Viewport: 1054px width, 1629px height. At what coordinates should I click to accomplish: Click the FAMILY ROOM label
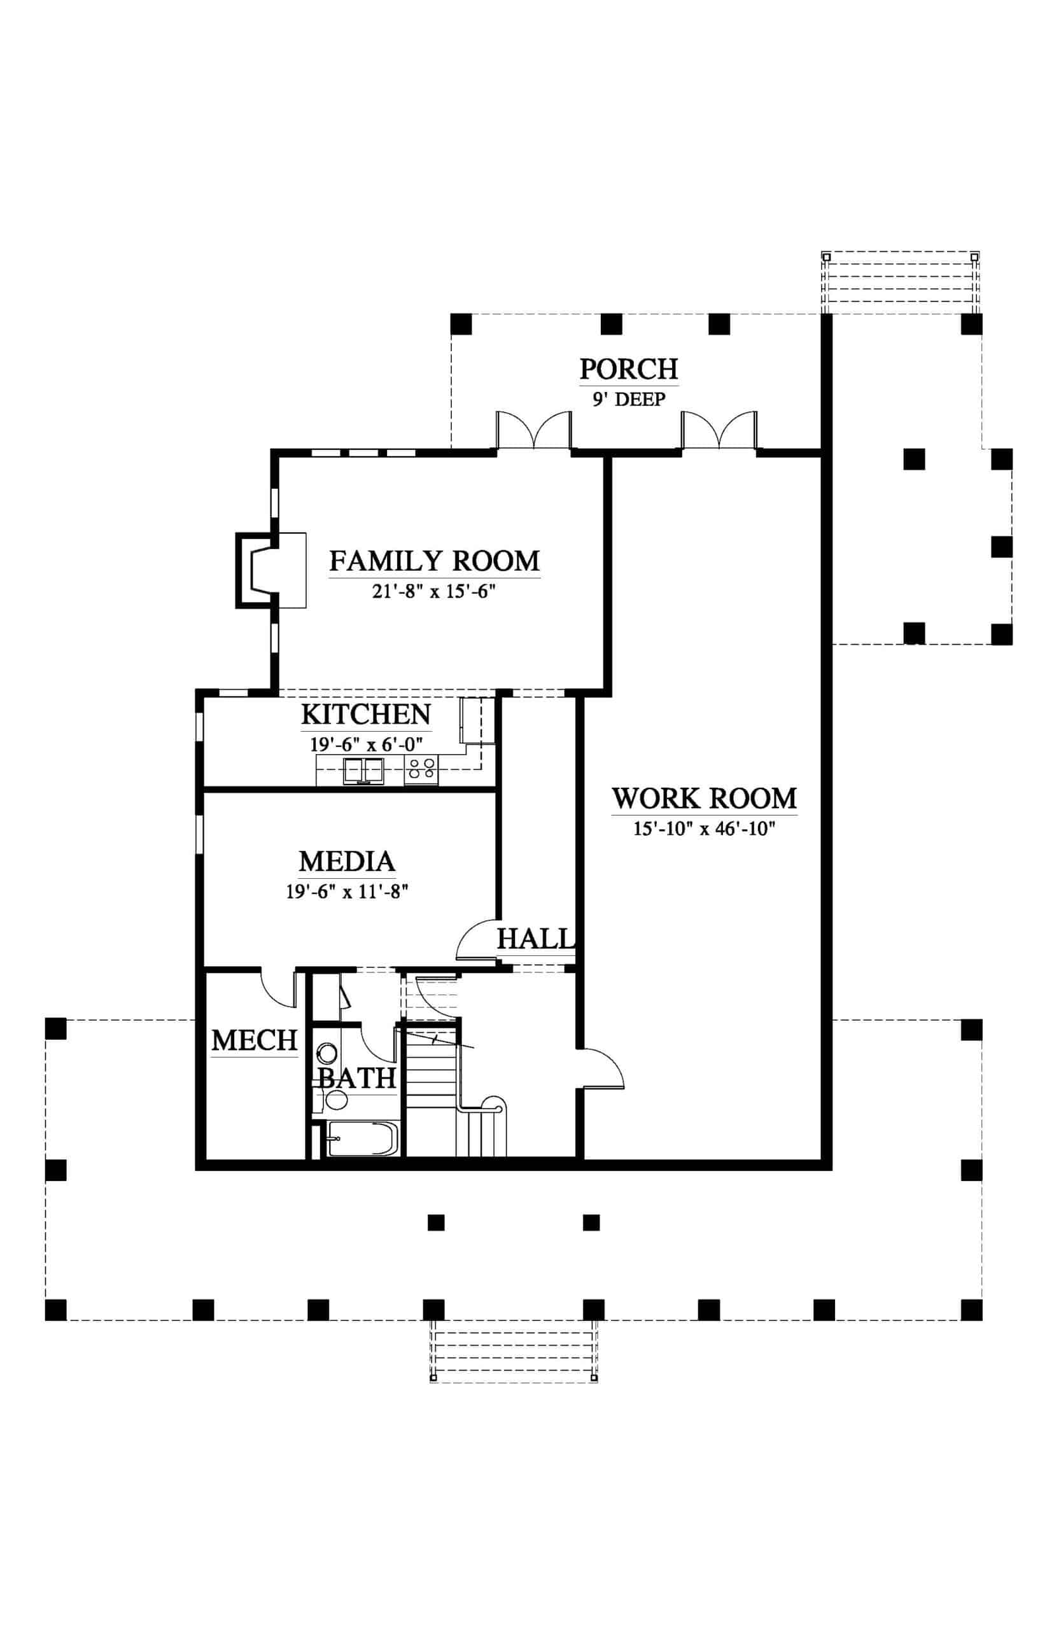pyautogui.click(x=435, y=561)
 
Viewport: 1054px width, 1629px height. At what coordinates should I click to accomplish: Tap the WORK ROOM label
pyautogui.click(x=705, y=799)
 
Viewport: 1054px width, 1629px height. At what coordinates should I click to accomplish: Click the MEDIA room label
pyautogui.click(x=347, y=862)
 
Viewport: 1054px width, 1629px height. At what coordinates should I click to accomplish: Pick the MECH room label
pyautogui.click(x=254, y=1040)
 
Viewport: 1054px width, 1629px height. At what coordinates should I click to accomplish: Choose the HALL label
pyautogui.click(x=535, y=939)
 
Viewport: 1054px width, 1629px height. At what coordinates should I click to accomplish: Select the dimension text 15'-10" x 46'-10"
pyautogui.click(x=705, y=828)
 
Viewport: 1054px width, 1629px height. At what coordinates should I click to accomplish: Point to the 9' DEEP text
pyautogui.click(x=629, y=400)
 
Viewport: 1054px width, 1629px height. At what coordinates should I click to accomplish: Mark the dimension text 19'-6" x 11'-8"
pyautogui.click(x=347, y=891)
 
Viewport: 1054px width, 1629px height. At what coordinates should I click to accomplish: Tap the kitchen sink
pyautogui.click(x=363, y=771)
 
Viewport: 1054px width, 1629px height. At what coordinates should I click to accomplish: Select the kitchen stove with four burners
pyautogui.click(x=421, y=771)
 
